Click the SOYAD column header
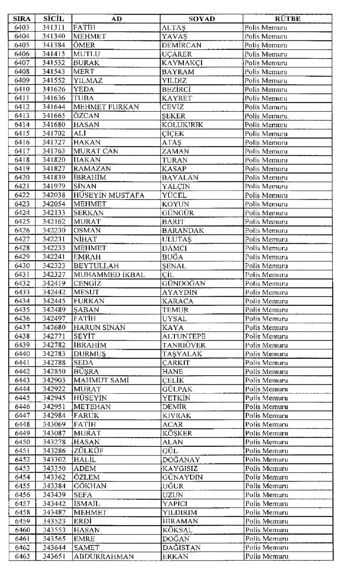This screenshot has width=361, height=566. (202, 19)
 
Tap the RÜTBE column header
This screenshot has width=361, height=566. (287, 19)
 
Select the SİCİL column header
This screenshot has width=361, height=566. (53, 19)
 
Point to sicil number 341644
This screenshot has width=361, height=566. (53, 107)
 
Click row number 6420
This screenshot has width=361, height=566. (22, 178)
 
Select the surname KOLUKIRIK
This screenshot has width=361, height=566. (182, 124)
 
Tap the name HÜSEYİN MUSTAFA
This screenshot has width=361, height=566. (109, 195)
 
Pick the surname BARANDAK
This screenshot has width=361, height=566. (183, 231)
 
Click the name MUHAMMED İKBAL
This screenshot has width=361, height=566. (109, 275)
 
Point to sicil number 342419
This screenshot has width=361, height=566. (54, 283)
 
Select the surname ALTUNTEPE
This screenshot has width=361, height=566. (184, 336)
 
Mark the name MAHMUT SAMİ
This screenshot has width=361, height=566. (101, 380)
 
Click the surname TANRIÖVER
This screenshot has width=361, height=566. (184, 345)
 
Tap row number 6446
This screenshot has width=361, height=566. (22, 407)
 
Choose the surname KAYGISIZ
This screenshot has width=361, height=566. (180, 469)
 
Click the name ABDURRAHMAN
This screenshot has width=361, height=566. (99, 557)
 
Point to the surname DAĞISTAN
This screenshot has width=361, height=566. (181, 548)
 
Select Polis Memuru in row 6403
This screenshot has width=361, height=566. (265, 27)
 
